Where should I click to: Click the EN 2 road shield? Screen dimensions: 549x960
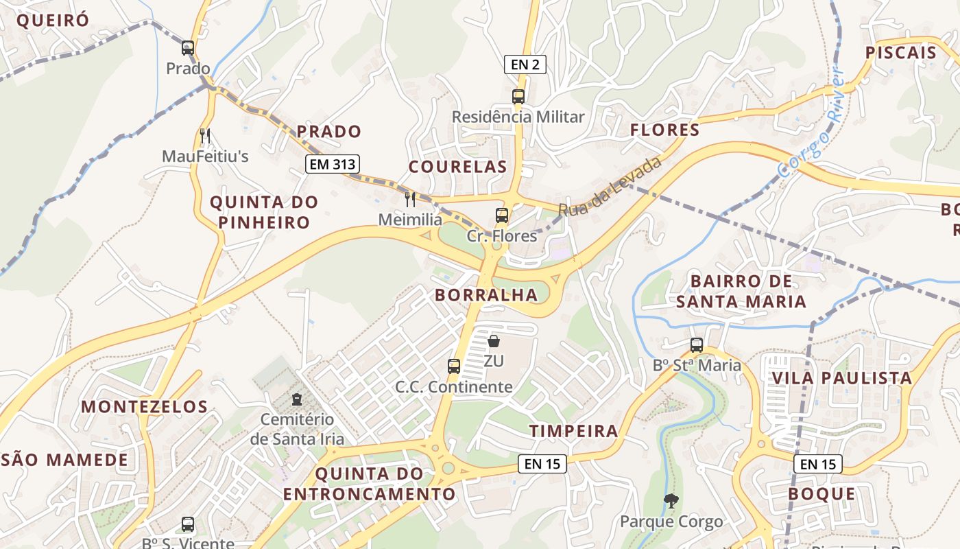[x=525, y=65]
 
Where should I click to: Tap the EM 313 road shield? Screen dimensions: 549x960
[x=333, y=164]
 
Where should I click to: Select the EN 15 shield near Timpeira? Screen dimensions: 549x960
[x=542, y=463]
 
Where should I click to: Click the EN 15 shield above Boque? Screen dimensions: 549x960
[x=818, y=464]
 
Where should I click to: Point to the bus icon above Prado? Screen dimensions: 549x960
[x=188, y=48]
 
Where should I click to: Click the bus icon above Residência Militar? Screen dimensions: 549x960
[x=518, y=96]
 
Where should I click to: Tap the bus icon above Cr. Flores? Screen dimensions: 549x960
[x=502, y=215]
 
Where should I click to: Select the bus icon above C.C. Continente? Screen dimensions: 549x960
[x=454, y=366]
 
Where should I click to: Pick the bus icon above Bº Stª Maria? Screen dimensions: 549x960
[x=697, y=344]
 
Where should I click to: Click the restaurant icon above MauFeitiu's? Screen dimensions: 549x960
[x=204, y=135]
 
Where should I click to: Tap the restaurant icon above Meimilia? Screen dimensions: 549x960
[x=410, y=199]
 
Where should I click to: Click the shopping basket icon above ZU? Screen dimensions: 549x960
[x=493, y=340]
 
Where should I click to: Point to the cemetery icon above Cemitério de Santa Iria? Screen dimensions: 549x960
[x=297, y=399]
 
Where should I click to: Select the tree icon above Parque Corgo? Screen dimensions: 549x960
[x=671, y=501]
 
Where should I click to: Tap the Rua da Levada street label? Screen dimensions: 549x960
[x=610, y=185]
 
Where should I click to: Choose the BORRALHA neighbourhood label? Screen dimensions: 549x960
[x=486, y=295]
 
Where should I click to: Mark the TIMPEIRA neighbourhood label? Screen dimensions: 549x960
[x=573, y=431]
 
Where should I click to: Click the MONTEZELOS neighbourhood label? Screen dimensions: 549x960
[x=144, y=406]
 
